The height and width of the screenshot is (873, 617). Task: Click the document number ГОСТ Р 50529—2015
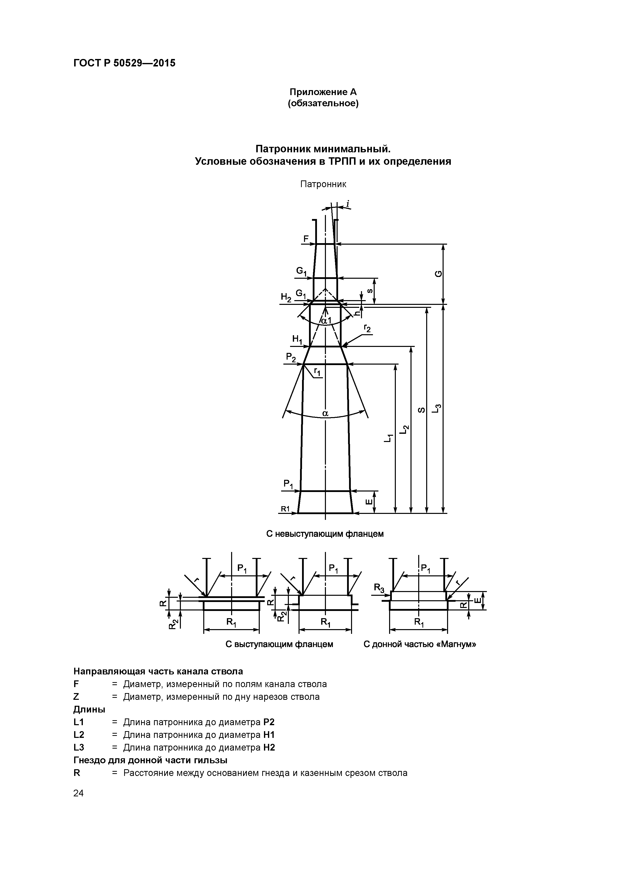[124, 63]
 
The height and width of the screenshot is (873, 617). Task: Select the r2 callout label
[367, 328]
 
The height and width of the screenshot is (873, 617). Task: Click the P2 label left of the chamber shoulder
[291, 357]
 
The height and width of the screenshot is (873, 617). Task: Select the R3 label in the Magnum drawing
[379, 588]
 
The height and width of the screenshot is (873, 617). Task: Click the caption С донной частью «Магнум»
[420, 644]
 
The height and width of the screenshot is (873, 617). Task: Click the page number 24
[78, 793]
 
